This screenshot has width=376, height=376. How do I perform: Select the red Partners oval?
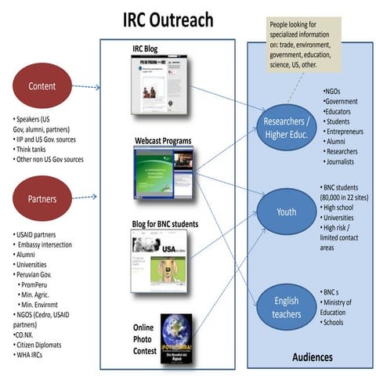point(43,199)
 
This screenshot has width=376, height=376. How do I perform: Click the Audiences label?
point(312,357)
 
